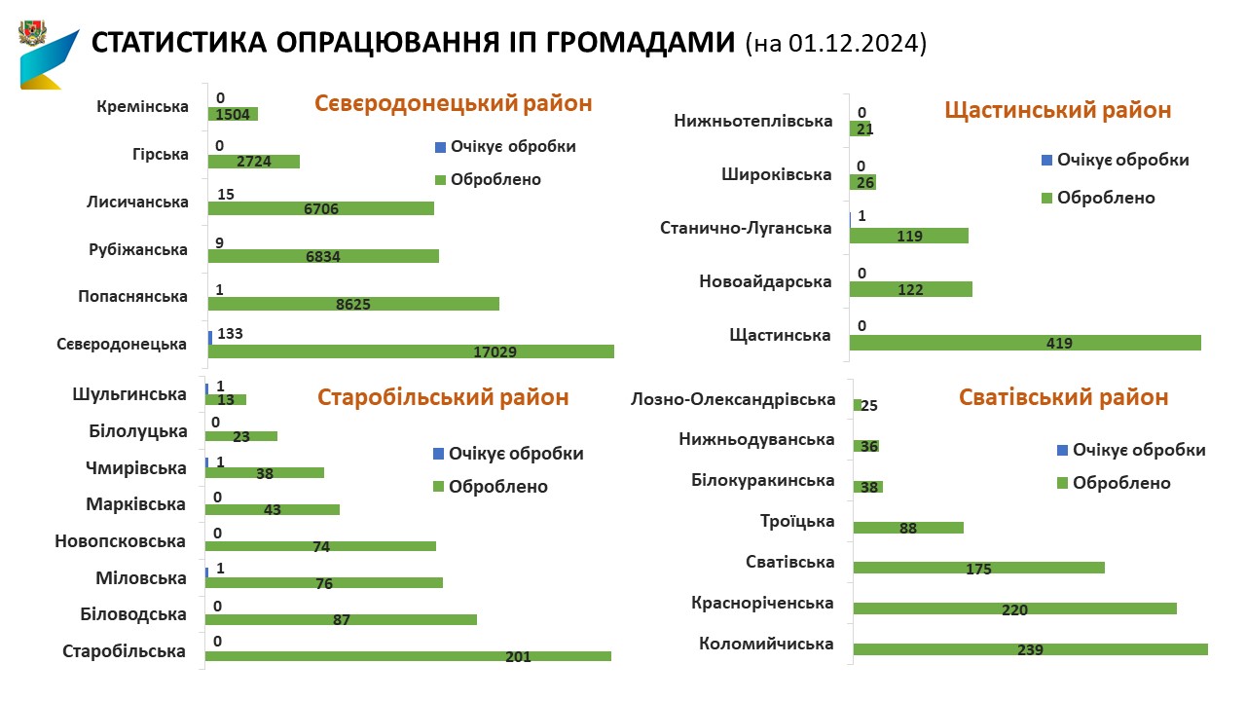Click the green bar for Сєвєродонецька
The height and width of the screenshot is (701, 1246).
[x=411, y=350]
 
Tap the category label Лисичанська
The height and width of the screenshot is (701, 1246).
[x=136, y=202]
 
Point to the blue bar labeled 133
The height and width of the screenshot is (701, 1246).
[x=210, y=337]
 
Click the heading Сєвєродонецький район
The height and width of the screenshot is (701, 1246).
[x=453, y=103]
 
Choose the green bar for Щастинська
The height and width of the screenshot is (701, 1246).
[x=1027, y=343]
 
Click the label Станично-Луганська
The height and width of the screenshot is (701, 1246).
[x=746, y=228]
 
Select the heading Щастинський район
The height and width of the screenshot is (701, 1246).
[x=1058, y=110]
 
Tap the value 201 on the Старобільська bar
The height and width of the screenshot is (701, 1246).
[x=519, y=656]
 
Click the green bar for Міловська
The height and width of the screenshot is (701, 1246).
[x=324, y=583]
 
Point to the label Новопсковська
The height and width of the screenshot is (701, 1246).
[x=121, y=540]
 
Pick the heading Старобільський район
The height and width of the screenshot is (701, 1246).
[x=443, y=397]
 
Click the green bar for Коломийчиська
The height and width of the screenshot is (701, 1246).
[x=1030, y=649]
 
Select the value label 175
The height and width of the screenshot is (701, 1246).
[x=979, y=569]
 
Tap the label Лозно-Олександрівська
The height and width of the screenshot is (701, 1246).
[x=733, y=399]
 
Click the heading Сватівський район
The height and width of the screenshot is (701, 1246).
[x=1063, y=397]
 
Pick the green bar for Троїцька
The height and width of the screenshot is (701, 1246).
[x=908, y=528]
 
